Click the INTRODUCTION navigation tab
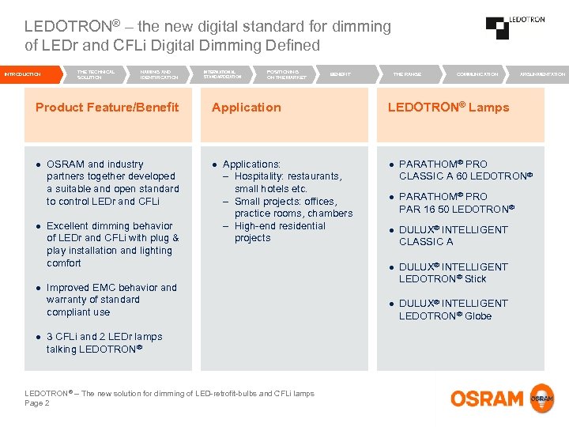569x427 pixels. (x=23, y=74)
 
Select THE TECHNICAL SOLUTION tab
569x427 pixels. (x=96, y=74)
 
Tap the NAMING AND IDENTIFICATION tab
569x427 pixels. (x=159, y=74)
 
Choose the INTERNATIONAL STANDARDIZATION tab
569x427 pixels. (x=224, y=74)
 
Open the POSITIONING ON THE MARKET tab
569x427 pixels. (x=287, y=74)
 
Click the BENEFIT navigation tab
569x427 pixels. (x=341, y=74)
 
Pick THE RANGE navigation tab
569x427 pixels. (x=407, y=74)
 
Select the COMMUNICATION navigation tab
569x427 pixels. (x=477, y=74)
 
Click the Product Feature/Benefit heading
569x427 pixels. (x=107, y=108)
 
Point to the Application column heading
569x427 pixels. (x=247, y=108)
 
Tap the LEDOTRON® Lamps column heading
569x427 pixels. (x=448, y=108)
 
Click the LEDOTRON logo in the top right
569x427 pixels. (x=515, y=27)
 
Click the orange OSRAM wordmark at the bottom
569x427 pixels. (x=487, y=399)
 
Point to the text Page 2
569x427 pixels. (x=37, y=403)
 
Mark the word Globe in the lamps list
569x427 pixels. (x=478, y=316)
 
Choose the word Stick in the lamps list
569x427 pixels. (x=476, y=279)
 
